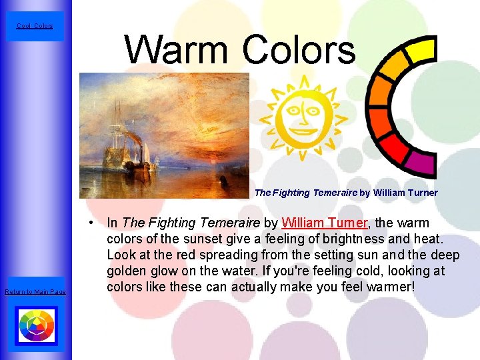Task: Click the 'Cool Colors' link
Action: [34, 26]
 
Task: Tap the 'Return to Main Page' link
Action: [35, 291]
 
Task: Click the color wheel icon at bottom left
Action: [35, 326]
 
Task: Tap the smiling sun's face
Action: [303, 119]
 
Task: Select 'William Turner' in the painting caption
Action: [405, 193]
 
